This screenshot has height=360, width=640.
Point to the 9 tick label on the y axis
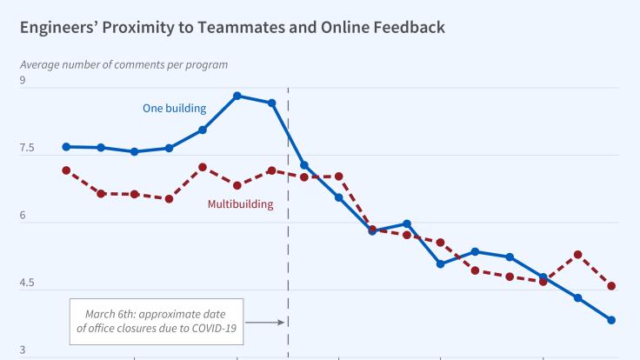pos(24,82)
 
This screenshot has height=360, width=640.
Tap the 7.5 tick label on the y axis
pos(29,150)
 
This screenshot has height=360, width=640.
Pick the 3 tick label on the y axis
pos(24,350)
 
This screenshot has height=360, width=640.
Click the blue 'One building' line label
pos(174,109)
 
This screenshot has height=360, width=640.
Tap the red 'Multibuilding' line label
pos(240,204)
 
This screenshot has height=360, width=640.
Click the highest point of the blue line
pos(237,96)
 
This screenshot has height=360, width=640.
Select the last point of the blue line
pos(611,320)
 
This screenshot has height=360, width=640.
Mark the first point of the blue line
pos(66,147)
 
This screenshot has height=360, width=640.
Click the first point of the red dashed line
pos(66,170)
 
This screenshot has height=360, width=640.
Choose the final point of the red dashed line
pos(611,286)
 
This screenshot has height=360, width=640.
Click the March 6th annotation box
pos(157,321)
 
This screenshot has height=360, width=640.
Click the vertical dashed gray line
pos(288,261)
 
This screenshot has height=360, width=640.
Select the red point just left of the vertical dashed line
pos(271,170)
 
